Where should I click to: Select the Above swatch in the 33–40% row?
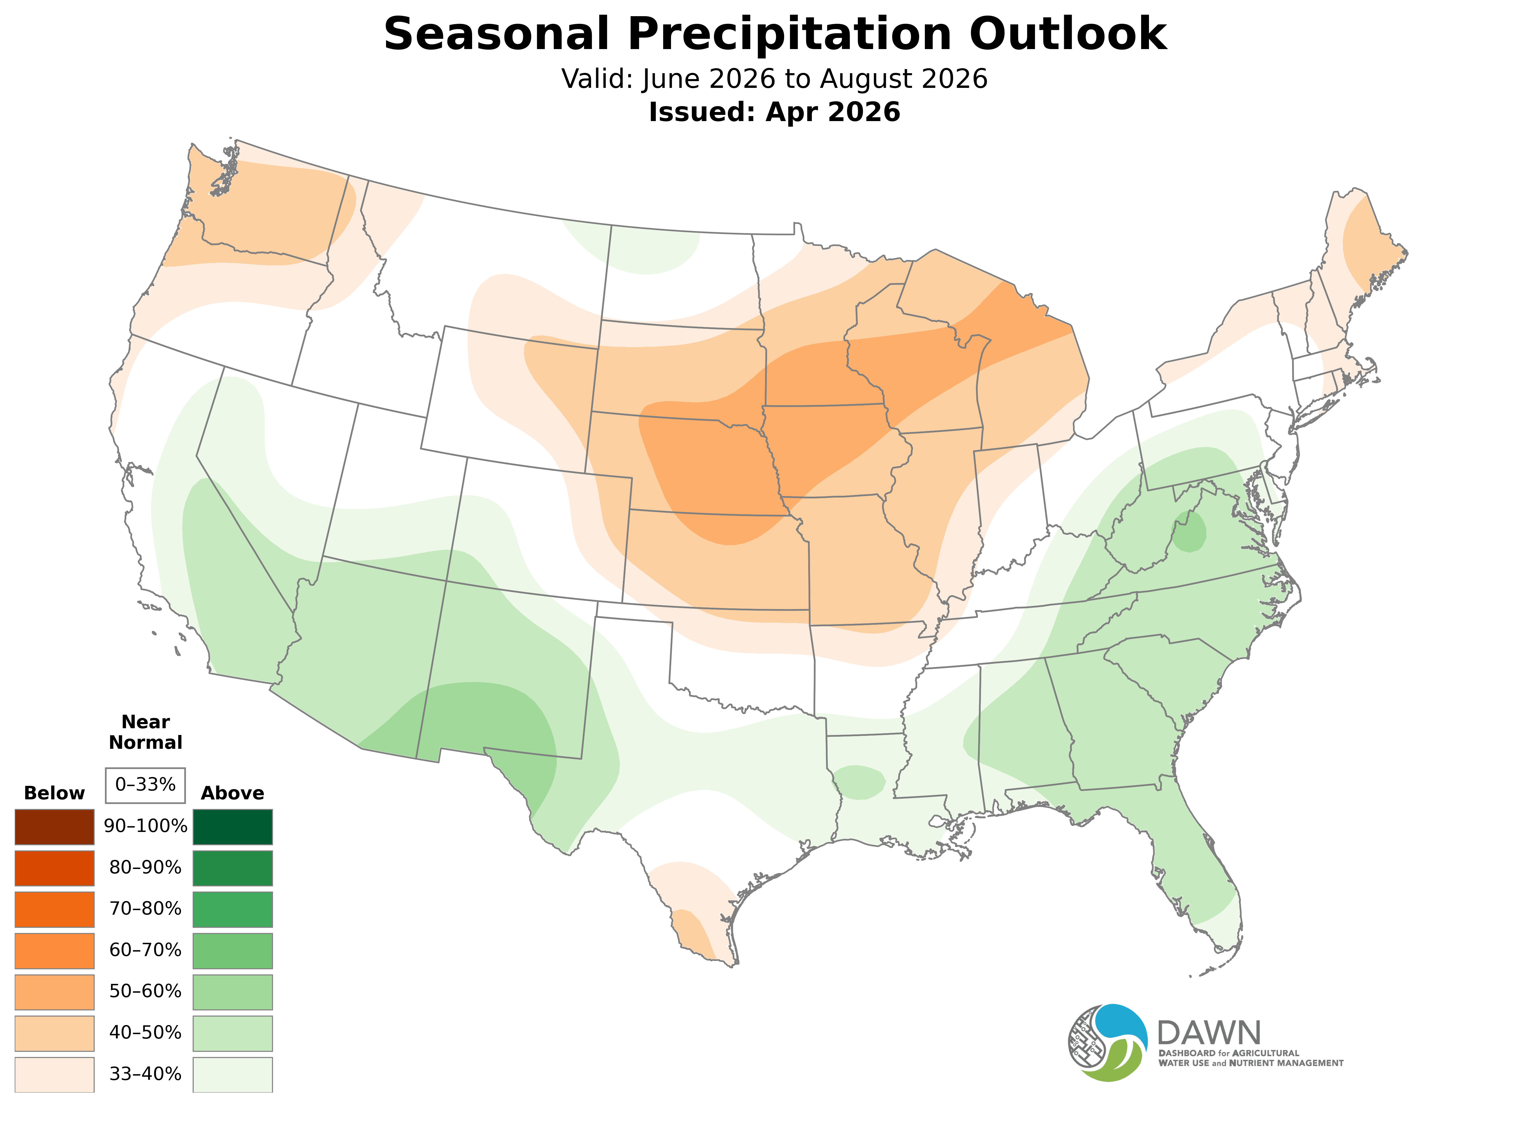pos(233,1074)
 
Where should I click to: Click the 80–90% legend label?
pos(145,868)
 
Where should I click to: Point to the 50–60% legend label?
pos(145,991)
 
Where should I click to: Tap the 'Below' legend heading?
pos(55,793)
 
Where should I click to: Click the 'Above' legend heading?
pos(233,793)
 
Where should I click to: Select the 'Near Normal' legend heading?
pos(145,732)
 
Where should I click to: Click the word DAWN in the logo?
pos(1208,1033)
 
